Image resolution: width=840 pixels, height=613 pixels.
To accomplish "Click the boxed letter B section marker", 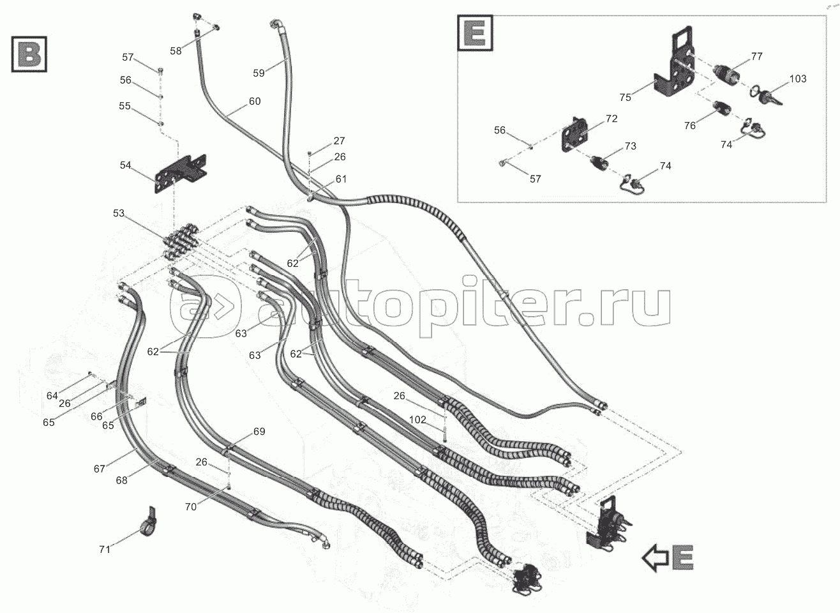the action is [29, 54].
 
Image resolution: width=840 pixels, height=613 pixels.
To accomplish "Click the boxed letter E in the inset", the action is [475, 33].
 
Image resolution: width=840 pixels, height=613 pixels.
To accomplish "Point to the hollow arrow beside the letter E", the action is [656, 558].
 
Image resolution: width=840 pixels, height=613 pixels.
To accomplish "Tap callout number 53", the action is [119, 213].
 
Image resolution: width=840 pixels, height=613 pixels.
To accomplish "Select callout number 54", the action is [125, 165].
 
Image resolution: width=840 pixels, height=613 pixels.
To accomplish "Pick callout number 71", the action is [105, 550].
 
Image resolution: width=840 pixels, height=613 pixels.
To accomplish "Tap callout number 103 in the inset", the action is [798, 79].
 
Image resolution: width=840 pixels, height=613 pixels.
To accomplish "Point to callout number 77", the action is [757, 56].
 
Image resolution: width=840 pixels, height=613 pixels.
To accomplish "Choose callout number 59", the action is [259, 73].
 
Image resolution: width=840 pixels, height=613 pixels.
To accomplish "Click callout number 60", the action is [255, 102].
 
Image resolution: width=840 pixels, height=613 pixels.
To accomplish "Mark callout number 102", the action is [417, 420].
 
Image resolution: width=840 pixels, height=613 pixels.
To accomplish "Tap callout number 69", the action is [259, 432].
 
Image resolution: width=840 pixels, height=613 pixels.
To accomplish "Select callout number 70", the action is [191, 507].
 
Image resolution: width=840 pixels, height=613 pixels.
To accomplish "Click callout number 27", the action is [339, 140].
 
